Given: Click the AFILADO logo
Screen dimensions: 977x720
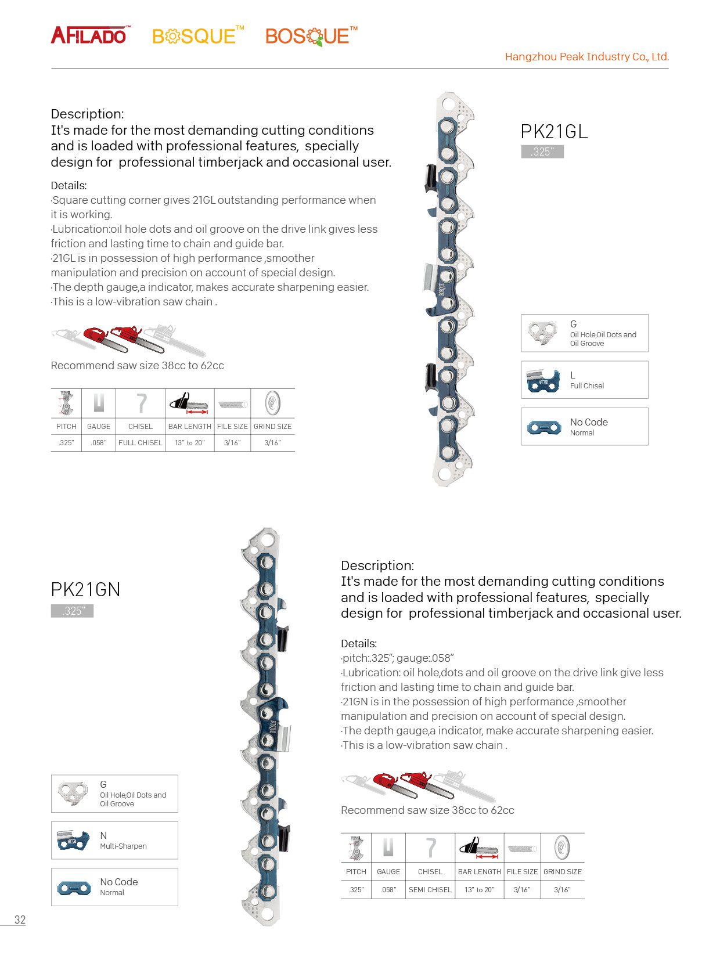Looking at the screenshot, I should pos(89,35).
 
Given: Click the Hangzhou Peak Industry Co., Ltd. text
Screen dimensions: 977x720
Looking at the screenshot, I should pos(586,57).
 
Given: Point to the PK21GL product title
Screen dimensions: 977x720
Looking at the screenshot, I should pos(554,132).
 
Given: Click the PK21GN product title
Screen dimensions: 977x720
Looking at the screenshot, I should pos(85,590).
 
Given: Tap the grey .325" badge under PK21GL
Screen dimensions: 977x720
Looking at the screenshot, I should pos(542,152).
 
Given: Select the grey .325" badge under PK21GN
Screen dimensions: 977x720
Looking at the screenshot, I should pos(73,611).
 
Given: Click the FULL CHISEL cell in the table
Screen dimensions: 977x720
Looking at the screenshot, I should pos(141,442).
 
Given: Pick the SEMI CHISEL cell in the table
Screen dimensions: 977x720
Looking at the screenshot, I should pos(430,889).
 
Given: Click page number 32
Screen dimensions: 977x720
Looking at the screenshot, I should pos(20,920).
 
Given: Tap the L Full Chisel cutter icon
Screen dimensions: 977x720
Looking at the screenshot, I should pos(543,380).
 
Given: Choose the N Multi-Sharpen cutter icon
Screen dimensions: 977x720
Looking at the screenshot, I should pos(73,841).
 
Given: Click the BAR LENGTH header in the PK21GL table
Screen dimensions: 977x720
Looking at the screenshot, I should pos(190,426).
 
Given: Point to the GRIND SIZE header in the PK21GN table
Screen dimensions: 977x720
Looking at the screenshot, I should pos(562,871).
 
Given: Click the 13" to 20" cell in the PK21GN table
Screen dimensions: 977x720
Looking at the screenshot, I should pos(480,889).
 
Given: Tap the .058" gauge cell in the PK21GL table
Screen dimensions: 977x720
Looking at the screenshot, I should pos(99,442).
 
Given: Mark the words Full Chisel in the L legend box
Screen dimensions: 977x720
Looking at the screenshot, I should pos(587,386).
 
